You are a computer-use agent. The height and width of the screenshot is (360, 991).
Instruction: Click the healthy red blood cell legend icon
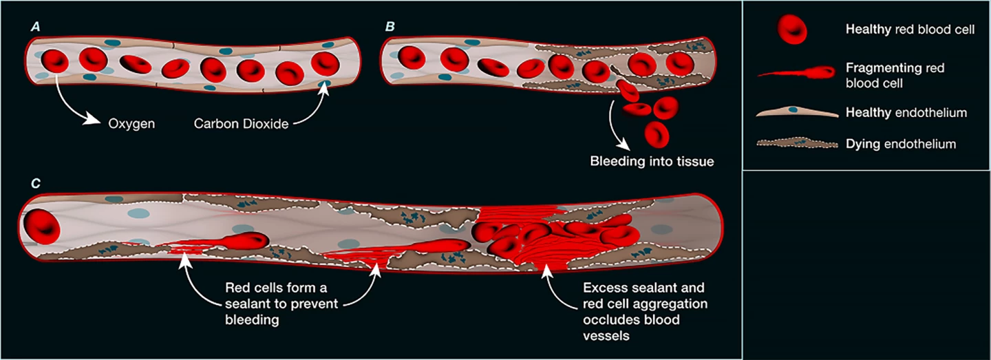click(x=792, y=30)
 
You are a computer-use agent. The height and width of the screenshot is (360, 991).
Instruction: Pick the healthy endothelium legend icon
click(x=792, y=112)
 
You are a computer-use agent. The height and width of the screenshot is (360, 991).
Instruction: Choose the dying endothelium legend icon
click(x=792, y=144)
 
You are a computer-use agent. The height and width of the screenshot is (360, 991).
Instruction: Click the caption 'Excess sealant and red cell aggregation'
click(x=643, y=295)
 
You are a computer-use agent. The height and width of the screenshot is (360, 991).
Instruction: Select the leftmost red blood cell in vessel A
click(x=55, y=61)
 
